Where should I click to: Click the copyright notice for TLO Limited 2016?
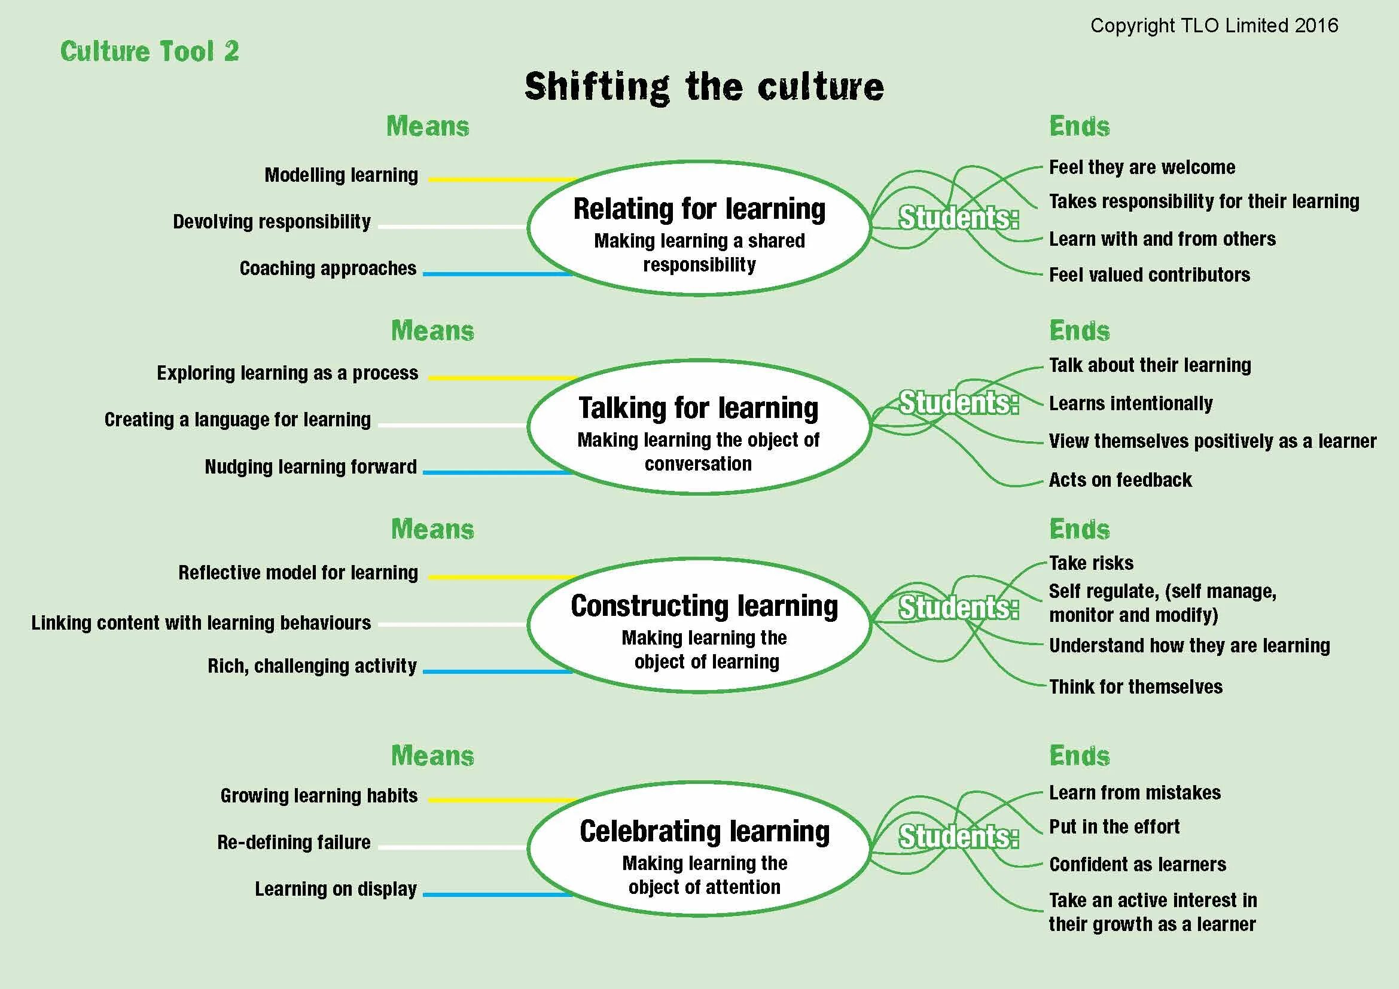click(1214, 26)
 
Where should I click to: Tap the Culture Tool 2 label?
click(150, 51)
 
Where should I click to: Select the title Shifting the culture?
click(704, 87)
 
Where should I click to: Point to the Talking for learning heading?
click(698, 408)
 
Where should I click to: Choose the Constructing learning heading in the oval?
click(704, 606)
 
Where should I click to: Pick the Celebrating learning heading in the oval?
click(704, 832)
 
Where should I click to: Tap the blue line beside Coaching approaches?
click(497, 274)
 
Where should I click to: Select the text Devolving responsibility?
click(272, 222)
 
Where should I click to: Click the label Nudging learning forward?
click(311, 467)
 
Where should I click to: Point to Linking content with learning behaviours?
click(201, 623)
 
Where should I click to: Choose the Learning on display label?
click(336, 889)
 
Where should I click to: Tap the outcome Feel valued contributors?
click(1149, 275)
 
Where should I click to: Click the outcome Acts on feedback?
click(1120, 481)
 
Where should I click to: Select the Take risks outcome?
click(1091, 563)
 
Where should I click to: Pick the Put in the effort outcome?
click(1114, 827)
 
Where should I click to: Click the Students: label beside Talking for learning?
click(958, 402)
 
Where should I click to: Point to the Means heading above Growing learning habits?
click(432, 756)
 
